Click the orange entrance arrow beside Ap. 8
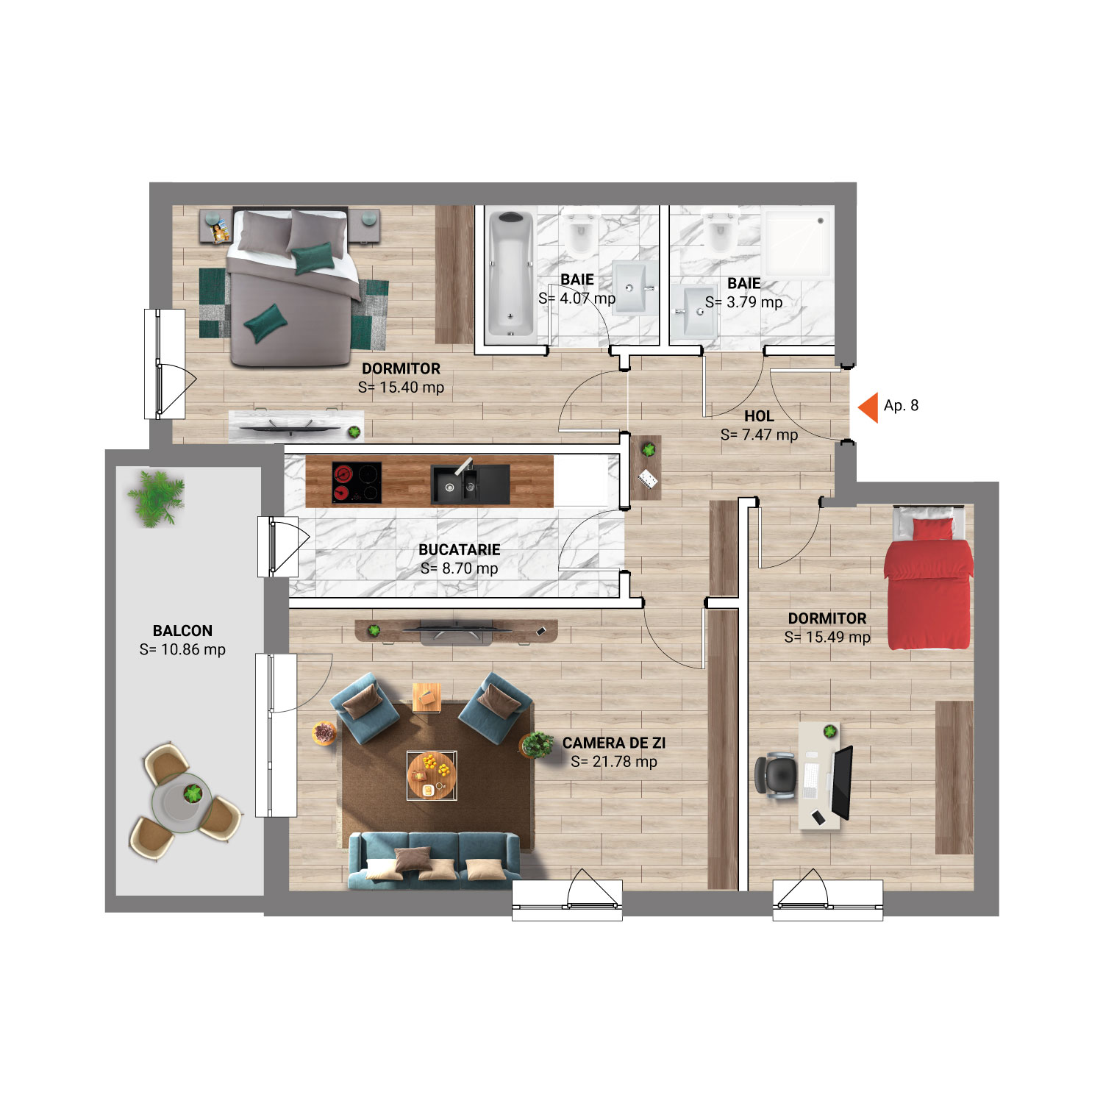(869, 407)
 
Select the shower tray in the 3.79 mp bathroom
(798, 244)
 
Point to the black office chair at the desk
(774, 774)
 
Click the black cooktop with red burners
(357, 482)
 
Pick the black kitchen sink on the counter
(470, 483)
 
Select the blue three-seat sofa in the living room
(434, 860)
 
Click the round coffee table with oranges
(432, 775)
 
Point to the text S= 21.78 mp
(614, 762)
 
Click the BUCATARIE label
(460, 549)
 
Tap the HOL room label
(759, 416)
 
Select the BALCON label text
(182, 631)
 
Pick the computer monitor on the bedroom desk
(842, 782)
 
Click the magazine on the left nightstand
(221, 233)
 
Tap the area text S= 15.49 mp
(827, 638)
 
